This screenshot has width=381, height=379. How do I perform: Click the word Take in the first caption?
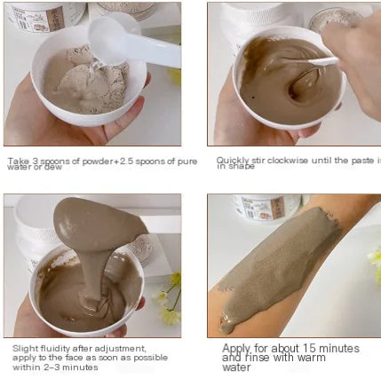coord(17,161)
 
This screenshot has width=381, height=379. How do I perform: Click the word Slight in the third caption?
coord(24,349)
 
